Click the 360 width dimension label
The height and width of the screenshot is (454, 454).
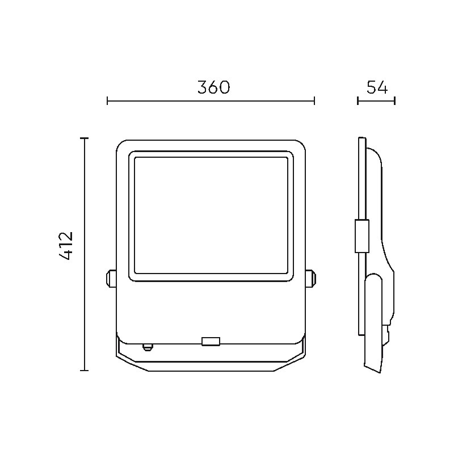point(214,87)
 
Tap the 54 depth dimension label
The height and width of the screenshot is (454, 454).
point(377,87)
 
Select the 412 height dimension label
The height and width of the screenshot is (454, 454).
point(66,246)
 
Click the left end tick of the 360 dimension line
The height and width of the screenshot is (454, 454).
point(107,101)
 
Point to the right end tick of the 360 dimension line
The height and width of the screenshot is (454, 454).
point(314,101)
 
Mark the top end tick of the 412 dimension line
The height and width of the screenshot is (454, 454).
point(84,138)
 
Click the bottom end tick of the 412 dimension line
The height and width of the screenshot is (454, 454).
point(84,370)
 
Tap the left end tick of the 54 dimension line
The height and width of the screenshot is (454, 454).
point(358,101)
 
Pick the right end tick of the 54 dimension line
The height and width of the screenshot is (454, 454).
point(395,101)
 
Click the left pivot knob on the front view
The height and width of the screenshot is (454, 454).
point(111,278)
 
